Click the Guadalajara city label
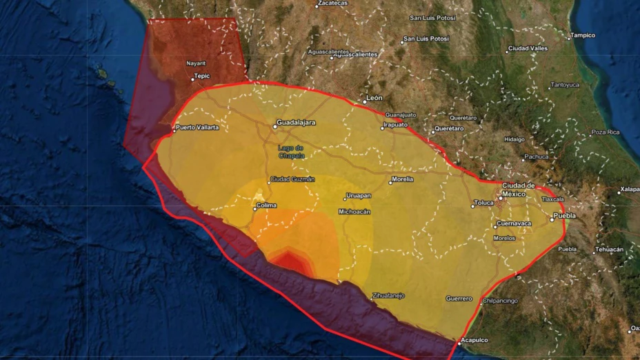[x=296, y=123]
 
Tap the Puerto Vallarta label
[x=197, y=128]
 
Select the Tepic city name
[x=202, y=77]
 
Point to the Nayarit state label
[x=196, y=63]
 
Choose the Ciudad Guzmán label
[x=292, y=179]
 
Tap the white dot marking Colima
[x=254, y=208]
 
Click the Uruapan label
[x=359, y=196]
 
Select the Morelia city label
[x=401, y=179]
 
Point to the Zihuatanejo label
[x=388, y=295]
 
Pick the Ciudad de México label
[x=518, y=190]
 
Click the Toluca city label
[x=484, y=203]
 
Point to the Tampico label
[x=582, y=35]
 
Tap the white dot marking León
[x=365, y=102]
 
